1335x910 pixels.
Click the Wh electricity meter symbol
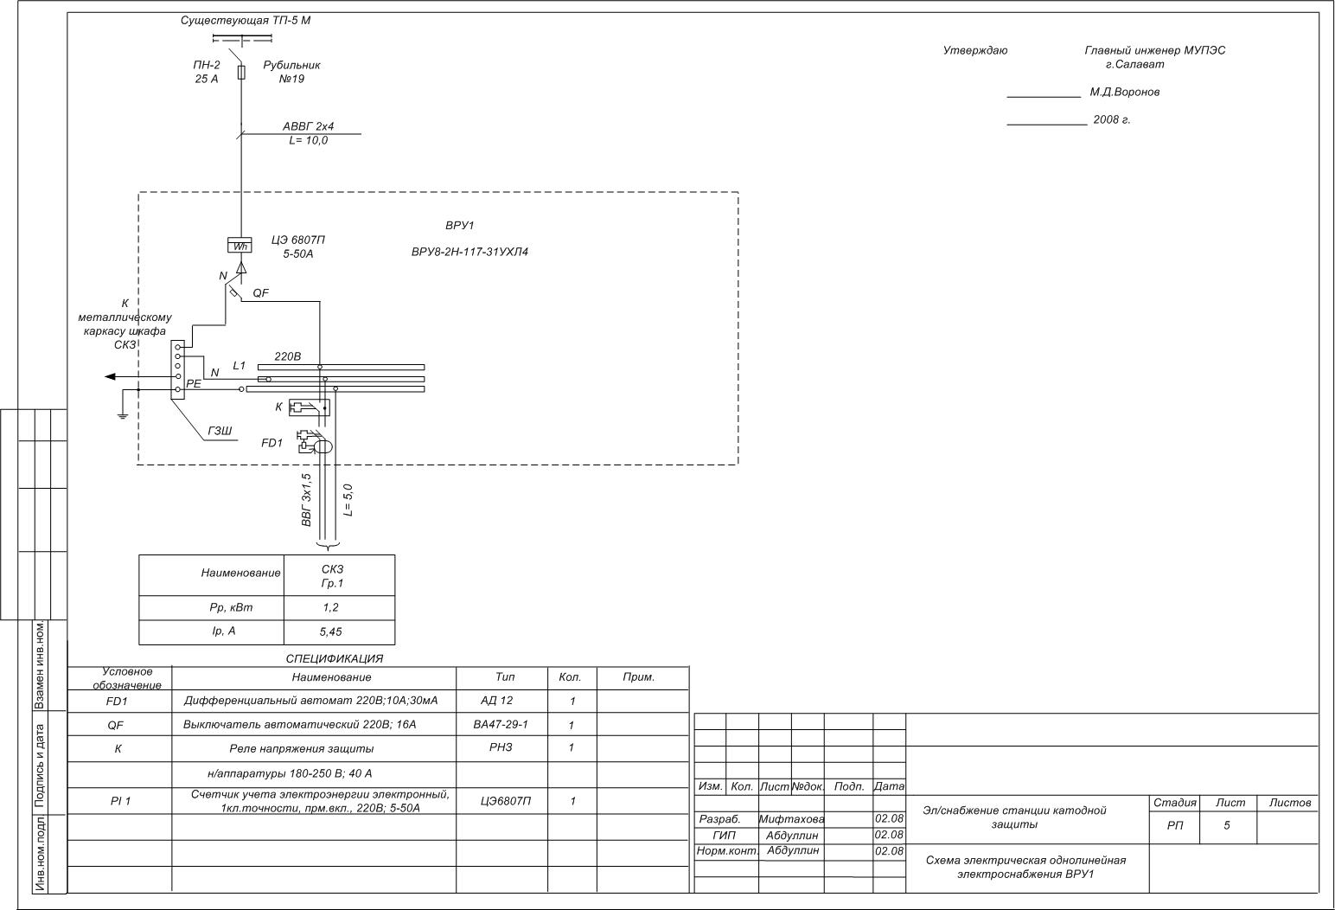pos(240,246)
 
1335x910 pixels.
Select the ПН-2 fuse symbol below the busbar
pos(241,72)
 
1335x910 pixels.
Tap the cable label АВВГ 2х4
pos(308,126)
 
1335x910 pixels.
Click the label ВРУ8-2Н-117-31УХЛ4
pos(469,253)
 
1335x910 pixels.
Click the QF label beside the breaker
pos(260,293)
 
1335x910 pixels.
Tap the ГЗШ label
pos(220,431)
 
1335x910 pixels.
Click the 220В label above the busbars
pos(287,356)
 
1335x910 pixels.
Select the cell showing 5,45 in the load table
pos(331,632)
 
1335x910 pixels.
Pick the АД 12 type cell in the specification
pos(496,701)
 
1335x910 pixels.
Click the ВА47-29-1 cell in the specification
pos(501,724)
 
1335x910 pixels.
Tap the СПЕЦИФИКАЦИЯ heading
pos(334,658)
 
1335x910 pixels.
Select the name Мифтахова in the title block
pos(791,819)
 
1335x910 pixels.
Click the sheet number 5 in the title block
pos(1226,825)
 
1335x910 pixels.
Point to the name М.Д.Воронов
pos(1124,92)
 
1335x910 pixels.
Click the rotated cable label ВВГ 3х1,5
pos(306,500)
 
